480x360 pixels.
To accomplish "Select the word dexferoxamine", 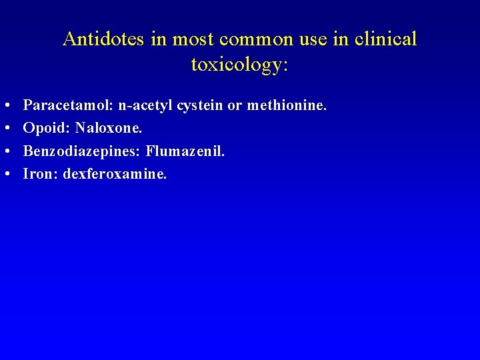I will point(115,174).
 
